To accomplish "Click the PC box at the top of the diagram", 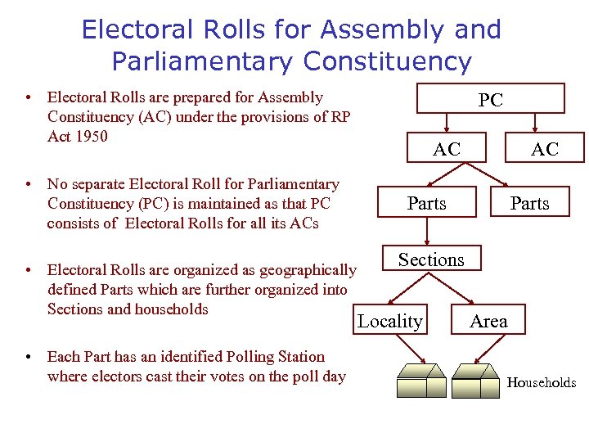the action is tap(491, 99).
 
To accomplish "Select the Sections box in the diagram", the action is tap(431, 259).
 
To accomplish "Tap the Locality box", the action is tap(390, 322).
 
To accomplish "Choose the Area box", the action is tap(489, 322).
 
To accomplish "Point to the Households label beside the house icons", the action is tap(542, 382).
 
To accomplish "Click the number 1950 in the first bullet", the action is tap(90, 136).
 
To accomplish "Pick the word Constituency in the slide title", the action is tap(387, 61).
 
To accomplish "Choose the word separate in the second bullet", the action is tap(104, 184).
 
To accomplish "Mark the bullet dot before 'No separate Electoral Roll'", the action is tap(29, 184).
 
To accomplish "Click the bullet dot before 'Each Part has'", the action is tap(29, 357).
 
